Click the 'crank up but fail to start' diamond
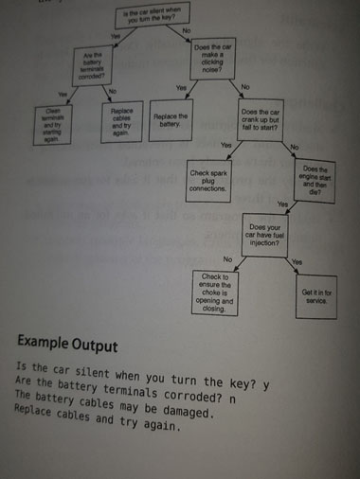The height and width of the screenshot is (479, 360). pos(260,122)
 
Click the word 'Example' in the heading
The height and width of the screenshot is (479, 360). pos(50,340)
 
